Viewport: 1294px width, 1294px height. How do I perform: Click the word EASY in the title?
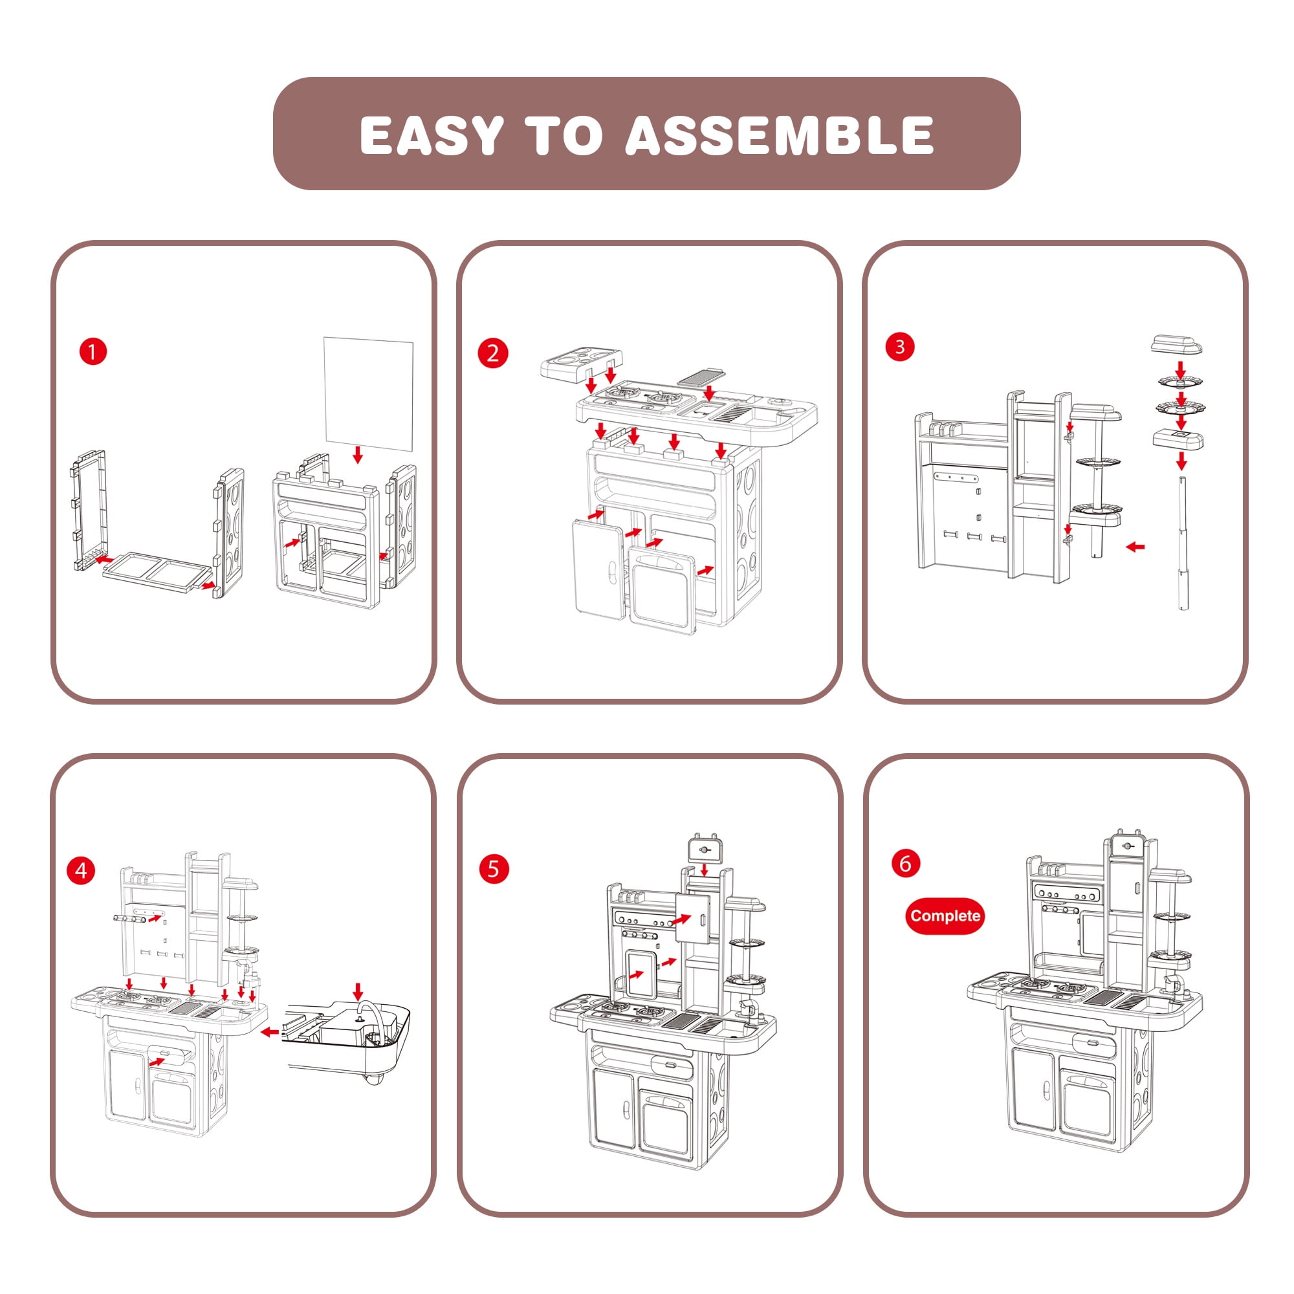[432, 135]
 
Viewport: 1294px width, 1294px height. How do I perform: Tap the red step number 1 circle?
[93, 351]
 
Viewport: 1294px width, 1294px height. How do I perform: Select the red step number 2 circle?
[493, 353]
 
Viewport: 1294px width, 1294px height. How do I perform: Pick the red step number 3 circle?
[899, 347]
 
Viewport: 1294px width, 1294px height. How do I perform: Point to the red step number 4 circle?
[81, 870]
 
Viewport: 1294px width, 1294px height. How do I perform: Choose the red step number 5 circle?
[494, 869]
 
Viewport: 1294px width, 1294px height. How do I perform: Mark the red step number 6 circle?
[906, 863]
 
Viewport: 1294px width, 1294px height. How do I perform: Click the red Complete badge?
[945, 916]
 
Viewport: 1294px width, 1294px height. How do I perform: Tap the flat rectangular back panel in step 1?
[368, 393]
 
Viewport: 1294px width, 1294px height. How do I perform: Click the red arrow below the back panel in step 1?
[358, 455]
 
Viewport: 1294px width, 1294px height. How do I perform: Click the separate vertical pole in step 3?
[1182, 543]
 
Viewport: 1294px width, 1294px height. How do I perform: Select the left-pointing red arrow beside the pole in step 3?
[1135, 547]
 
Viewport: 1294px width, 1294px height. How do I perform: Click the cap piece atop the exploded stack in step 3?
[1176, 346]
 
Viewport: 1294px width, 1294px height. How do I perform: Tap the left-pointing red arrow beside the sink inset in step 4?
[270, 1032]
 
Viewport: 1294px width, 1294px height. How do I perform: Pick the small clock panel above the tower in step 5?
[704, 850]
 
